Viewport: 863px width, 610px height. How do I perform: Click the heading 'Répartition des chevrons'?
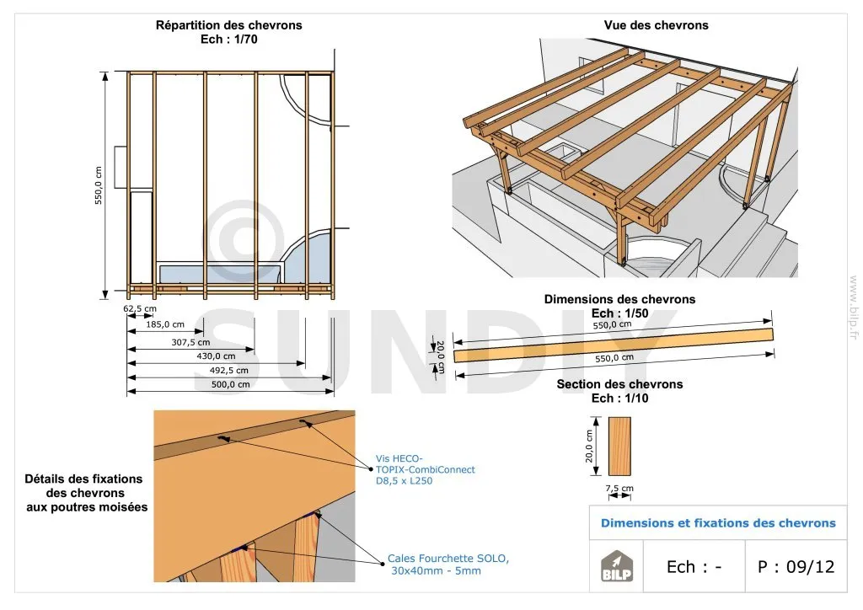228,25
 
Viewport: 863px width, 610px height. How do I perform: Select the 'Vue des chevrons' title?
656,25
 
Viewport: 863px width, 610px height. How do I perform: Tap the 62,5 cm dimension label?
135,308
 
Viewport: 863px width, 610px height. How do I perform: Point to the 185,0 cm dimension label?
164,324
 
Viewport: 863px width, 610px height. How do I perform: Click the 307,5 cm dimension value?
191,342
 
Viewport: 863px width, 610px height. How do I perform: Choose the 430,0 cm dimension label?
217,356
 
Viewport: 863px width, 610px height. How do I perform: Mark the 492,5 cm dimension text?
229,370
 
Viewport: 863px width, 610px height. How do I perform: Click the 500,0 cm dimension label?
231,384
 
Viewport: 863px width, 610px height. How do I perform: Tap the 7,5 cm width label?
619,489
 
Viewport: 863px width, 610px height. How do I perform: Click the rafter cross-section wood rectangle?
619,447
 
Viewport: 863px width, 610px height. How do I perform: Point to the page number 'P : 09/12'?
796,567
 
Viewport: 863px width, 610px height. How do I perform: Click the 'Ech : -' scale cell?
694,567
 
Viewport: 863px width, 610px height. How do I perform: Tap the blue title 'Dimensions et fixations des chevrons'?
718,523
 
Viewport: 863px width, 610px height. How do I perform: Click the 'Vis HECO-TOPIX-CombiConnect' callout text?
425,469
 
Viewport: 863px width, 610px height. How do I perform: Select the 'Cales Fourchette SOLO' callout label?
448,559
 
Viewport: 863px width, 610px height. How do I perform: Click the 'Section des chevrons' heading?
619,384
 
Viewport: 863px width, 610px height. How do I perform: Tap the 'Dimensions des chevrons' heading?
619,299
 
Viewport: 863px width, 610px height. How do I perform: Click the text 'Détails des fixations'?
84,479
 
